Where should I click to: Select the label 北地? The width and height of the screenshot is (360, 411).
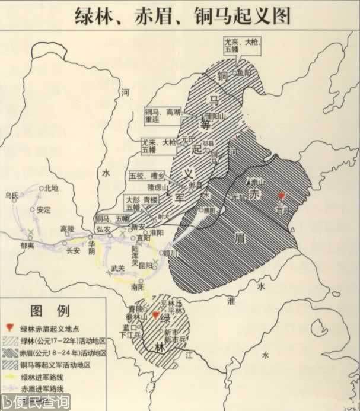52,189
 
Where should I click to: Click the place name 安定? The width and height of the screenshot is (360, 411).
43,211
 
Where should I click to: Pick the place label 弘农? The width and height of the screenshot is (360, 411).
105,229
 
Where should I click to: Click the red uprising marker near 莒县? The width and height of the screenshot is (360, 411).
282,196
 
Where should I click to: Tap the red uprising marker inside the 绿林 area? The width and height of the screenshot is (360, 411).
156,316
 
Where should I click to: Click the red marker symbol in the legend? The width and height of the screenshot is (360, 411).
9,329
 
